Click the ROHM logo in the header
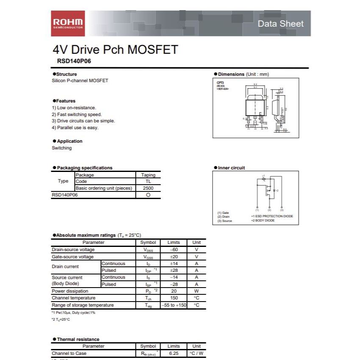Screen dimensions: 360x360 tap(68, 23)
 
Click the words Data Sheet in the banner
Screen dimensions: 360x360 tap(280, 24)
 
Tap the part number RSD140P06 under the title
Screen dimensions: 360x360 tap(74, 61)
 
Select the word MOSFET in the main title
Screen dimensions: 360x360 tap(152, 50)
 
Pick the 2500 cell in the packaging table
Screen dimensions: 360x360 tap(148, 188)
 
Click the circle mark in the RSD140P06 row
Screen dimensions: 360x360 tap(148, 195)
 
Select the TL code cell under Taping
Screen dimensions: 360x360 tap(148, 181)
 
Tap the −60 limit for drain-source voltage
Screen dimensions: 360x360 tap(174, 249)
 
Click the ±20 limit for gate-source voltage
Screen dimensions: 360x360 tap(174, 257)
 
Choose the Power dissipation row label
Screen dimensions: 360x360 tap(70, 291)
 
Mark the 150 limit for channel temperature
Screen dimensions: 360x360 tap(174, 298)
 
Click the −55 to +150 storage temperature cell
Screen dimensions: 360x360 tap(174, 305)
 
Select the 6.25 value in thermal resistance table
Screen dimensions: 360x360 tap(174, 353)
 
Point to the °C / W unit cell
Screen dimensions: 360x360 tap(197, 353)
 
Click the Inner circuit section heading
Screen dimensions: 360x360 tap(231, 168)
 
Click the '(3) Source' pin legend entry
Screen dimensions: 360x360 tap(224, 221)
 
